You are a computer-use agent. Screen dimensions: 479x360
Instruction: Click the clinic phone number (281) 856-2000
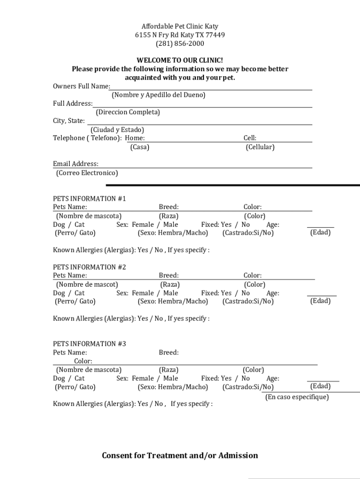pyautogui.click(x=180, y=44)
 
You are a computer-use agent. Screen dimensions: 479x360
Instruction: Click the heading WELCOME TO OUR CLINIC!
pyautogui.click(x=180, y=60)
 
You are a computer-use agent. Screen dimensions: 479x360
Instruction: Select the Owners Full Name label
pyautogui.click(x=81, y=87)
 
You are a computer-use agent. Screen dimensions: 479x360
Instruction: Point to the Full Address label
pyautogui.click(x=72, y=103)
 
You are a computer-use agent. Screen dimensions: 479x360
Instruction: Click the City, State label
pyautogui.click(x=69, y=121)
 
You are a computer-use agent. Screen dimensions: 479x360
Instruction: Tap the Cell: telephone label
pyautogui.click(x=250, y=138)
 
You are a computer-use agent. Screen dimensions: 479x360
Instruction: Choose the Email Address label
pyautogui.click(x=76, y=164)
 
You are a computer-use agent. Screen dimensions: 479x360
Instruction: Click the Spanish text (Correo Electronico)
pyautogui.click(x=87, y=173)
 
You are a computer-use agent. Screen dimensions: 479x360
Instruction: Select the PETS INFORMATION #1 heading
pyautogui.click(x=89, y=198)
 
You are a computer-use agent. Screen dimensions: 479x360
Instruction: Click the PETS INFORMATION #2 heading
pyautogui.click(x=89, y=267)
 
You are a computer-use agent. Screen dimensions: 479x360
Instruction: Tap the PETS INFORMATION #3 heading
pyautogui.click(x=89, y=344)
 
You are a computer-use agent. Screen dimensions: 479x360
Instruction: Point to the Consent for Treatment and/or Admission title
pyautogui.click(x=180, y=456)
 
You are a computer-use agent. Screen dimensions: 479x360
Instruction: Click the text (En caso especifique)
pyautogui.click(x=297, y=397)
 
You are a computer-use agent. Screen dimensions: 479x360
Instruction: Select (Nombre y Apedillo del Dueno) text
pyautogui.click(x=158, y=95)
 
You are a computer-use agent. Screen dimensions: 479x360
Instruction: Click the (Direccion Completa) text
pyautogui.click(x=128, y=112)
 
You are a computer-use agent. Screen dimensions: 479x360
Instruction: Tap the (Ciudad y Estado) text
pyautogui.click(x=117, y=130)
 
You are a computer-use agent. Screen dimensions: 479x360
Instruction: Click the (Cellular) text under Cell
pyautogui.click(x=260, y=147)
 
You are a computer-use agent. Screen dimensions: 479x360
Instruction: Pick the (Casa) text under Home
pyautogui.click(x=139, y=147)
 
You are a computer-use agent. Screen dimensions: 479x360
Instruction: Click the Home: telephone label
pyautogui.click(x=135, y=138)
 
